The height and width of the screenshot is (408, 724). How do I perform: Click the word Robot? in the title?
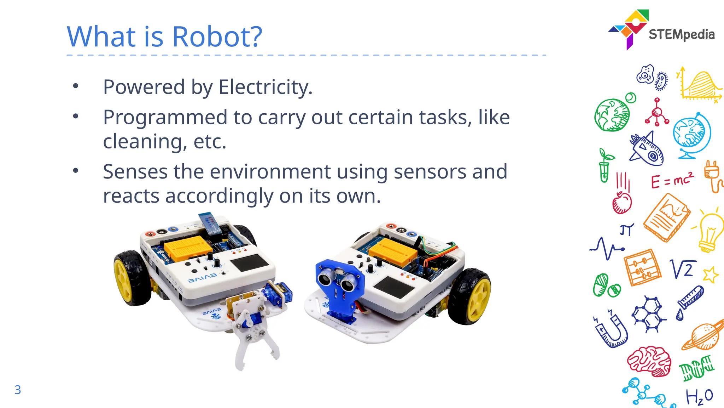tap(217, 36)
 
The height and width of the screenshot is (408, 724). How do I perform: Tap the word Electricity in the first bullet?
tap(265, 87)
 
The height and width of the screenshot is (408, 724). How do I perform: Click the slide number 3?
tap(18, 390)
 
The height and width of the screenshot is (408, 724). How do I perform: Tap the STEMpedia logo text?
tap(681, 35)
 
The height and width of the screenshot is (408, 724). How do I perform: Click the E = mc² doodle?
tap(672, 181)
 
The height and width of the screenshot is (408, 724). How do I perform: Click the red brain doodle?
tap(650, 361)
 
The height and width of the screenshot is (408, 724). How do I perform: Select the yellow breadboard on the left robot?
tap(187, 246)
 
